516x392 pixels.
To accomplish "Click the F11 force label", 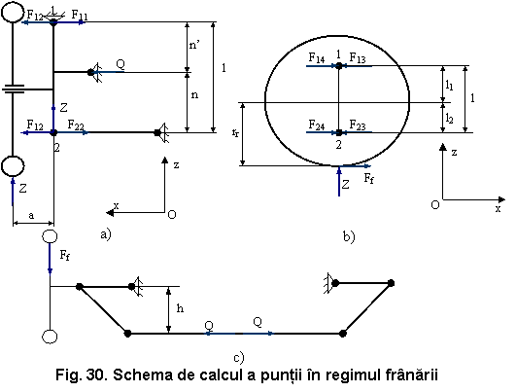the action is (80, 15).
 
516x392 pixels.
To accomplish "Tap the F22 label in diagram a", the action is (76, 125).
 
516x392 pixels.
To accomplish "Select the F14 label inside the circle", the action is (317, 58).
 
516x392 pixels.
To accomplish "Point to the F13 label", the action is (358, 58).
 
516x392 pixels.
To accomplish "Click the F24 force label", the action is (317, 125).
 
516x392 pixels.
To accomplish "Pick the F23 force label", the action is (358, 125).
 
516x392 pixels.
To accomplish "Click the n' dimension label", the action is (194, 45).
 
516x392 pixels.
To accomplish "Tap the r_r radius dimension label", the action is (235, 133).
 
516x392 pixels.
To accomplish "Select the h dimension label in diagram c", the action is (180, 308).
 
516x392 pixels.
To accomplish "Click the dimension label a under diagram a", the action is (31, 215).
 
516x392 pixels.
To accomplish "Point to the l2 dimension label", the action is (449, 118).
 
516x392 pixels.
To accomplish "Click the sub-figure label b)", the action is (349, 236).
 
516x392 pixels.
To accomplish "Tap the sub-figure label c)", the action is (239, 358).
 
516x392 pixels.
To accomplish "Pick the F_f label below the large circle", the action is (369, 178).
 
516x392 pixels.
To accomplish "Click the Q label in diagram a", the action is (120, 64).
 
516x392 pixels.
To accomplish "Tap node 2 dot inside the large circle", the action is (339, 132).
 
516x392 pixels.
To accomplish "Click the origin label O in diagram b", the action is (435, 205).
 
